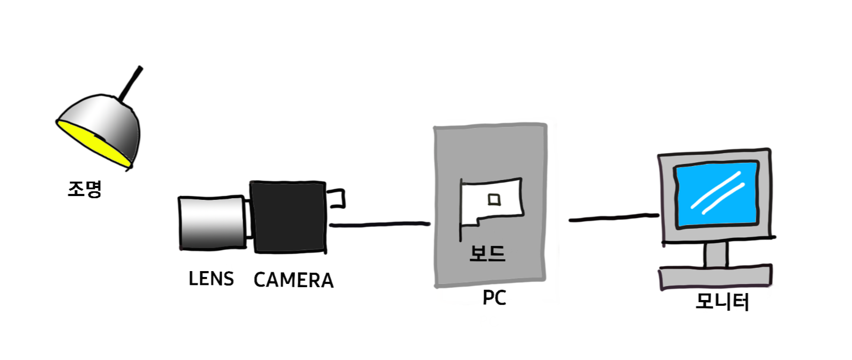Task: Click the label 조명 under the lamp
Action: [x=85, y=189]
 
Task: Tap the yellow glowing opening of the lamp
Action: [x=91, y=141]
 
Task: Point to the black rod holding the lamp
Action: [x=131, y=83]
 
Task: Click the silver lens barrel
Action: [x=212, y=223]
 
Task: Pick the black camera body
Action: [x=288, y=216]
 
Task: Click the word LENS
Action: [x=211, y=279]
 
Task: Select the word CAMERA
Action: [x=293, y=280]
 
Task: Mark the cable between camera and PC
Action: [x=380, y=224]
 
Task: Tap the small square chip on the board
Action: [x=494, y=199]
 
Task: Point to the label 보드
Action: [x=487, y=253]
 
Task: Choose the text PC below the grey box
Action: [x=494, y=298]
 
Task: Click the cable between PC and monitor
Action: [x=614, y=218]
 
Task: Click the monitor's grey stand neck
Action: [x=716, y=254]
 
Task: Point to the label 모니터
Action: [x=722, y=302]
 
